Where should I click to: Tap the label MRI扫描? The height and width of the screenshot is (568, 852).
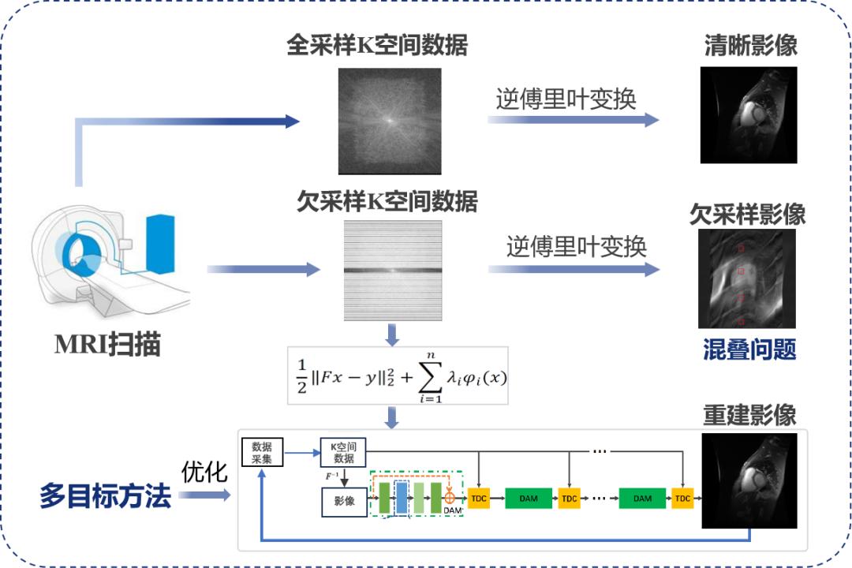[x=107, y=345]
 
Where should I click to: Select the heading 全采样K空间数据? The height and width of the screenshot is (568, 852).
[x=377, y=45]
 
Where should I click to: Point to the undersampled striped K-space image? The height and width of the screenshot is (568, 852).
[x=393, y=271]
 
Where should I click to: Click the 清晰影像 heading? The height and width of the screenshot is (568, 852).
[x=750, y=45]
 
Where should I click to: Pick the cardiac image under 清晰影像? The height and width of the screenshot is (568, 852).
[x=749, y=115]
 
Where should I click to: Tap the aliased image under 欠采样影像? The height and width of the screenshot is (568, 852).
[x=746, y=279]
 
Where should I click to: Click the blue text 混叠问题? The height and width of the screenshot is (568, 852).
[x=749, y=349]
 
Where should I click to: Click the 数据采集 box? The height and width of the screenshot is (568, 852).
[x=261, y=452]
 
